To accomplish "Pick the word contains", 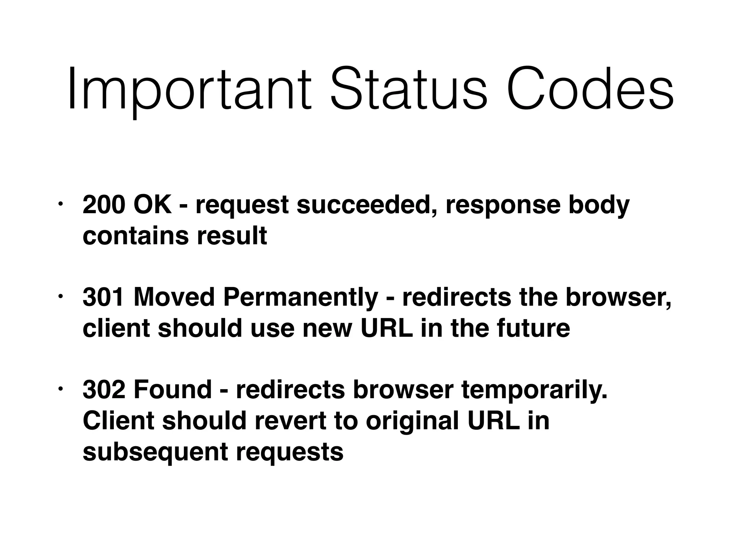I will point(136,236).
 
